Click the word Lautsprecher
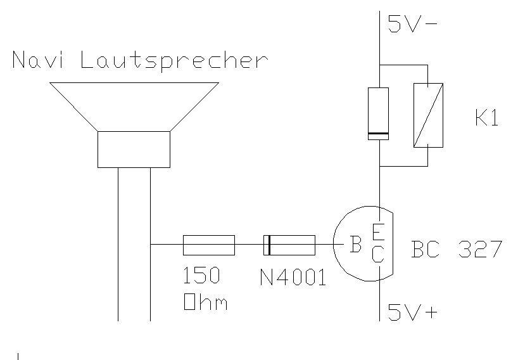tap(175, 62)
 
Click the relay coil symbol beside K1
tap(428, 115)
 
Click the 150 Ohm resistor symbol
tap(208, 245)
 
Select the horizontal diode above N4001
tap(289, 245)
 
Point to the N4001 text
tap(293, 277)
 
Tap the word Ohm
tap(205, 302)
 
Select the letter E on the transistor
tap(377, 232)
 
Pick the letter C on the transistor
tap(377, 255)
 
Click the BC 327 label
tap(456, 249)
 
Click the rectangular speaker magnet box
tap(134, 150)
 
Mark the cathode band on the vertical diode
tap(378, 135)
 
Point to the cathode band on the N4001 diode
tap(268, 245)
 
